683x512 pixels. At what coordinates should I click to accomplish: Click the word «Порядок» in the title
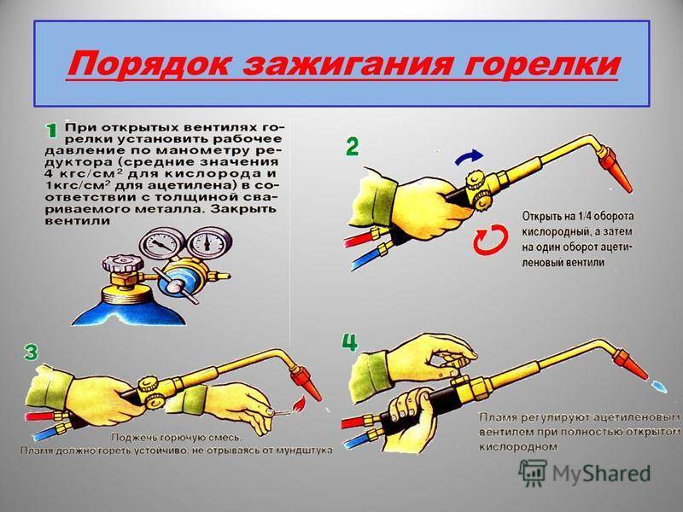tap(149, 65)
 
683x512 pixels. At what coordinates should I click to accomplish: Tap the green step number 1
tap(51, 131)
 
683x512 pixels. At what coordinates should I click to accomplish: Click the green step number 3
tap(31, 352)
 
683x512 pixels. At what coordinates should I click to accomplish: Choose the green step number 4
tap(350, 342)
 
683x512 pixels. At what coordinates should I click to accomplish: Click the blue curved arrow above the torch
tap(469, 158)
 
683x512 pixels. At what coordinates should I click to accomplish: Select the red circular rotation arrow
tap(491, 240)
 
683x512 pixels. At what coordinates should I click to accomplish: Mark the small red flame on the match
tap(298, 406)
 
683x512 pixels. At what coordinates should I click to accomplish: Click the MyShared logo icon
tap(532, 473)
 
